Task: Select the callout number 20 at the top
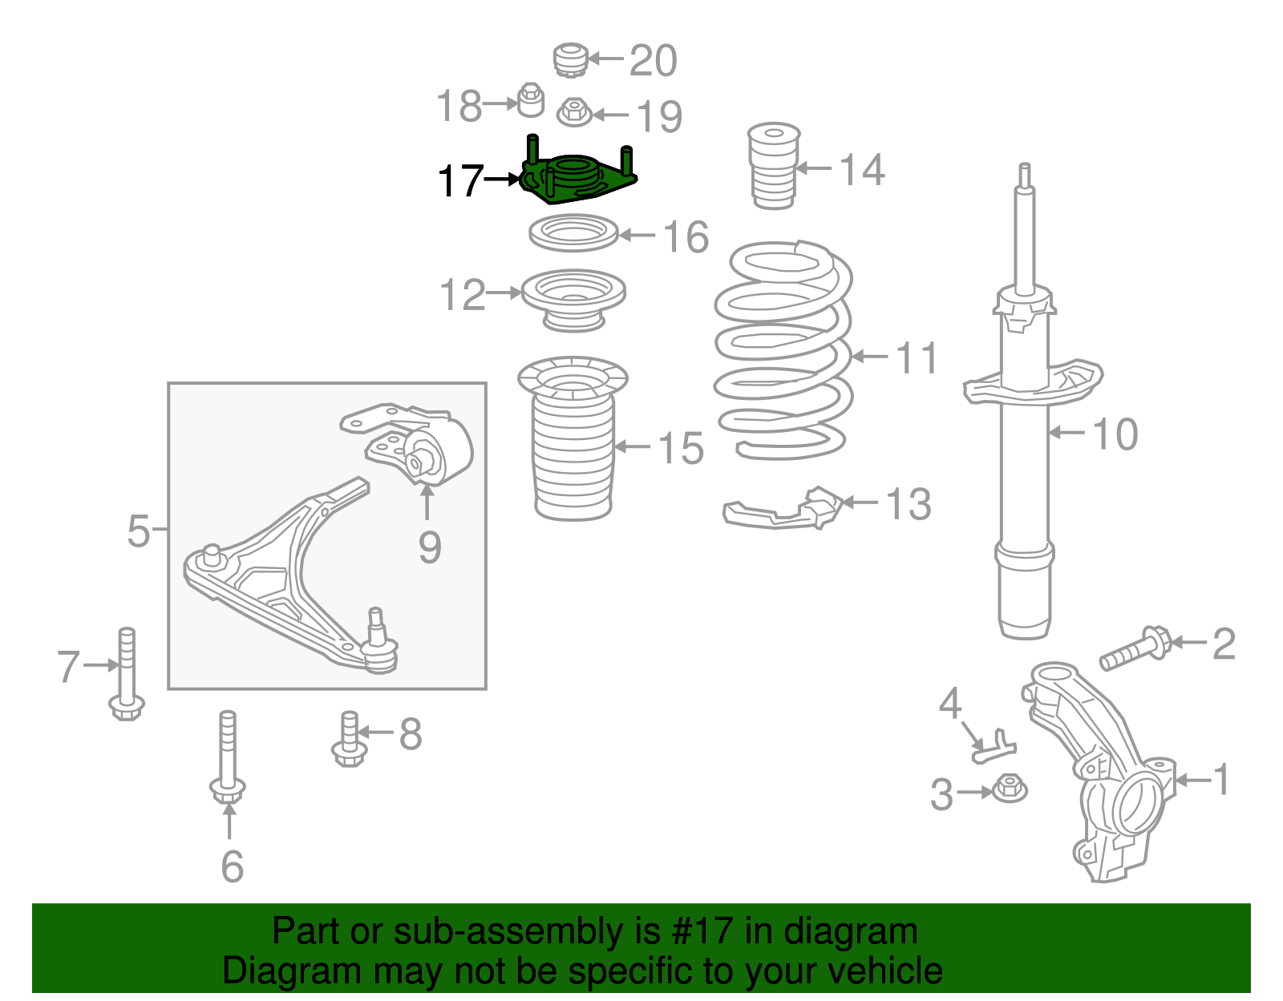point(653,61)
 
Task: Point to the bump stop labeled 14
point(774,166)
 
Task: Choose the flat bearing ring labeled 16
point(573,234)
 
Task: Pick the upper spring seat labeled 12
point(573,298)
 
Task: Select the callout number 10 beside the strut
point(1115,434)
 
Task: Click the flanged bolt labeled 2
point(1135,649)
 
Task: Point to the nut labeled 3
point(1009,789)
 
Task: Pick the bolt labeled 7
point(127,673)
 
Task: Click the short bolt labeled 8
point(349,739)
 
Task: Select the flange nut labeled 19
point(573,112)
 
